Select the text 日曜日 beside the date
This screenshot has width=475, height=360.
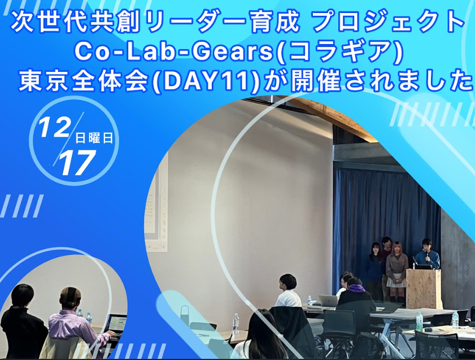tap(94, 138)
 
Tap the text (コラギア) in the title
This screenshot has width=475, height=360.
tap(340, 52)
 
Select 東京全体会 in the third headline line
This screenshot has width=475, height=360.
tap(85, 81)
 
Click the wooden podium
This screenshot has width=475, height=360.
tap(424, 288)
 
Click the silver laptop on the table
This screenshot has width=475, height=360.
tap(328, 300)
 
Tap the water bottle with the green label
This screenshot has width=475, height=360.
tap(419, 321)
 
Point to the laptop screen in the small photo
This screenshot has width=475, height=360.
tap(117, 323)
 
